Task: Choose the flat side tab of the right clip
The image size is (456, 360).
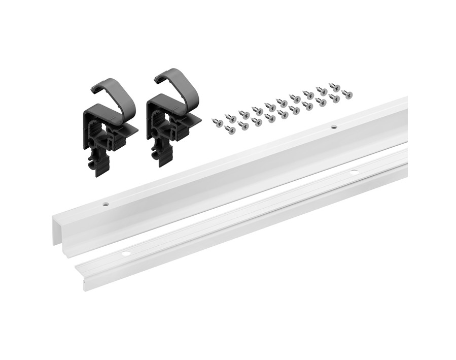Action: tap(193, 120)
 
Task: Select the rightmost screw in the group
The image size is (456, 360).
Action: tap(347, 93)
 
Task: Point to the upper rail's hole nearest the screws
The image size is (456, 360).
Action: tap(334, 126)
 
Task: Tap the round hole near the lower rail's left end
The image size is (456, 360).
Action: tap(125, 252)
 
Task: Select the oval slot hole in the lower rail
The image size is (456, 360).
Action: tap(354, 172)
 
